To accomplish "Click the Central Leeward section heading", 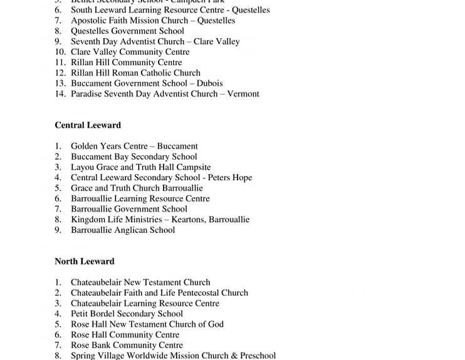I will [x=88, y=125].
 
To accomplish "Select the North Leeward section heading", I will [x=85, y=261].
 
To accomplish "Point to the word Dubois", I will [x=210, y=83].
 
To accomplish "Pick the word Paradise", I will [x=88, y=94].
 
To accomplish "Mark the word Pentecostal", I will [x=188, y=293].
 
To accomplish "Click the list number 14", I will [x=60, y=94].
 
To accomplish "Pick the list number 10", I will [x=60, y=52].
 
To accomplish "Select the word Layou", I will [x=83, y=167].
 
